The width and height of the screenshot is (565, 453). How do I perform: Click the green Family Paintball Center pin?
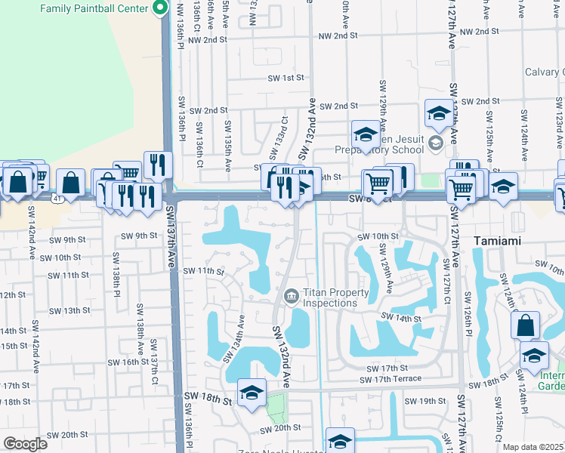pyautogui.click(x=160, y=8)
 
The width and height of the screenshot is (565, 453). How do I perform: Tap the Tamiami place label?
pyautogui.click(x=504, y=241)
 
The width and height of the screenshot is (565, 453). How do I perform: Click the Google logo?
pyautogui.click(x=25, y=444)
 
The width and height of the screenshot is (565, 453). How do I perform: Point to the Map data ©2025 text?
pyautogui.click(x=533, y=447)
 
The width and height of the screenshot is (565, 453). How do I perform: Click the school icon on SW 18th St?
pyautogui.click(x=252, y=393)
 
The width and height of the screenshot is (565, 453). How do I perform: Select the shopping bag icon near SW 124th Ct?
pyautogui.click(x=525, y=325)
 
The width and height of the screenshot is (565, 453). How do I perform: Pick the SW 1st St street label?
pyautogui.click(x=286, y=77)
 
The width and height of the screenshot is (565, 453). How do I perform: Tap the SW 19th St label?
pyautogui.click(x=426, y=401)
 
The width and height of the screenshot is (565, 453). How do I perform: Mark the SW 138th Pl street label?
pyautogui.click(x=117, y=273)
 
